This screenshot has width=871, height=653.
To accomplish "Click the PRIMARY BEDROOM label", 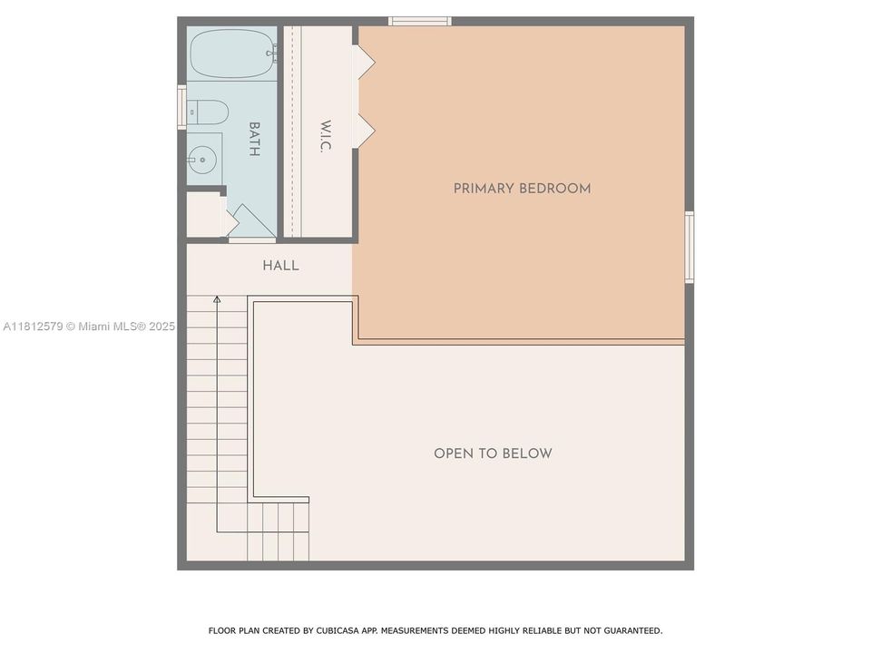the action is coord(522,189).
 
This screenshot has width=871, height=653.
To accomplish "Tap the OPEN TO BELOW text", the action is coord(493,453).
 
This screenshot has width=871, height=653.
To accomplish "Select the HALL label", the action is coord(280,266).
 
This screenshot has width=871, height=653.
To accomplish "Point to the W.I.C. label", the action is coord(326,136).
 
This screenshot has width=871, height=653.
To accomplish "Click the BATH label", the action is coord(254,140).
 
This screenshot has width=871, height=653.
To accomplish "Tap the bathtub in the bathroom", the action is coord(233,54).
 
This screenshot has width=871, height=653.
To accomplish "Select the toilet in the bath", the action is coord(207,112).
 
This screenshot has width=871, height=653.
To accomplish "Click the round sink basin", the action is coord(201,160).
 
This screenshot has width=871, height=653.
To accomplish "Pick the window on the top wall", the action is coord(419,22).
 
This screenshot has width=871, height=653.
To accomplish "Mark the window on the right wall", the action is coord(689,247).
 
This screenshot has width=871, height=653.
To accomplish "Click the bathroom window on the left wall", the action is coord(181,107).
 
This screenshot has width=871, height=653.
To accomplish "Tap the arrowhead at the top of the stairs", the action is coord(217,300).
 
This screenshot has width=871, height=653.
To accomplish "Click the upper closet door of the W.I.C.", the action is coord(364,62).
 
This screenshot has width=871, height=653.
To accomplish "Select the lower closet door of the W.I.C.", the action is coord(364,131).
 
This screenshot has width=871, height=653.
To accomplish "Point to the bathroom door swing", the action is coord(253,222).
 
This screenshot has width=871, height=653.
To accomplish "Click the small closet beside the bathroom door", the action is coord(206,215).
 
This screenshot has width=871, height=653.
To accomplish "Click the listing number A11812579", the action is coord(34,326).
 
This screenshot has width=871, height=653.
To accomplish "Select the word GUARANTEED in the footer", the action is coord(633,631).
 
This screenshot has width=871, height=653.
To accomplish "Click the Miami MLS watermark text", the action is coord(113,326).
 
